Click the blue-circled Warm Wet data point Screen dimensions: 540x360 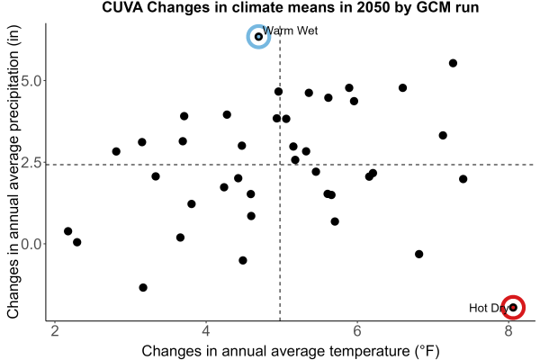pyautogui.click(x=258, y=37)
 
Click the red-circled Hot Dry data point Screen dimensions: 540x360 pyautogui.click(x=513, y=307)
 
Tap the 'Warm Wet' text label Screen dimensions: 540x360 pyautogui.click(x=290, y=31)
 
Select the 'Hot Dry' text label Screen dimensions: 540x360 pyautogui.click(x=489, y=308)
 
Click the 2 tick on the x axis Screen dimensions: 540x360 pyautogui.click(x=55, y=331)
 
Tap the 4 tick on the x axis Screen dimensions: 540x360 pyautogui.click(x=206, y=331)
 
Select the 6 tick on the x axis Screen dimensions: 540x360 pyautogui.click(x=357, y=331)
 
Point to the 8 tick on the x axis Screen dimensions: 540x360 pyautogui.click(x=508, y=331)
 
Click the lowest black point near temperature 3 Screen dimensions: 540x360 pyautogui.click(x=143, y=287)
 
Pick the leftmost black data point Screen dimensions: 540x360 pyautogui.click(x=67, y=230)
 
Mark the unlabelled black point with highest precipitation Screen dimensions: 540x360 pyautogui.click(x=453, y=63)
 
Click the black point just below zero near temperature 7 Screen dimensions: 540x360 pyautogui.click(x=418, y=254)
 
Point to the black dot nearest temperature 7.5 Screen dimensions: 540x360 pyautogui.click(x=463, y=179)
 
